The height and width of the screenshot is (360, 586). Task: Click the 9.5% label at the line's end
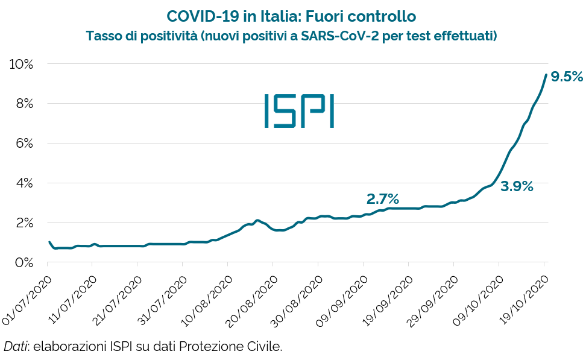[567, 77]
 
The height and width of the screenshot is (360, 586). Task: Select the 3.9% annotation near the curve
[517, 186]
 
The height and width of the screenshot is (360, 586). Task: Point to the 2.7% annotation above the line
[383, 198]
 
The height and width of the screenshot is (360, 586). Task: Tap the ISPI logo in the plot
[299, 110]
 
